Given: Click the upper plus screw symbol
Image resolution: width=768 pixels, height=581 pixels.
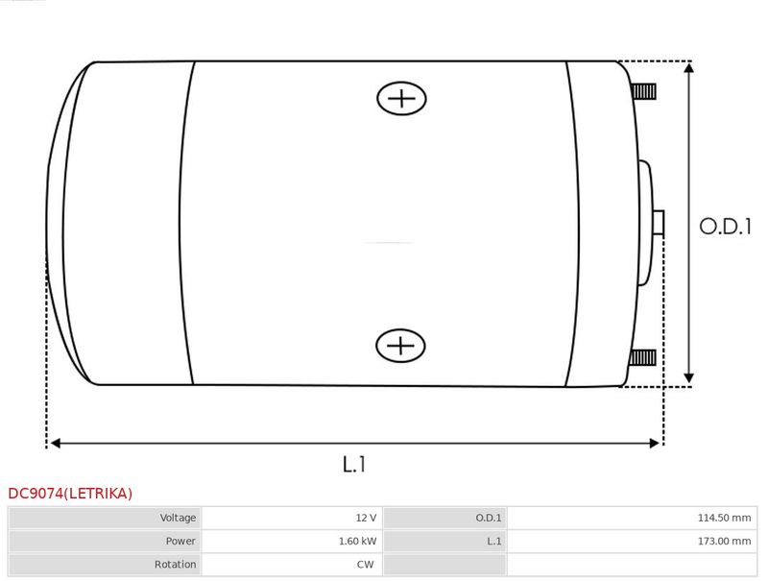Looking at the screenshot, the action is pos(401,99).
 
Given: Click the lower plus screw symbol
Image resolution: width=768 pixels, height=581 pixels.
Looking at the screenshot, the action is pos(400,346).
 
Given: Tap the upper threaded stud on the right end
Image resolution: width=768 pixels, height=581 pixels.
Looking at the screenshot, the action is pos(643,91).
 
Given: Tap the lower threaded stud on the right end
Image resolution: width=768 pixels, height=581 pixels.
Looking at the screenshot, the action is pos(642,357).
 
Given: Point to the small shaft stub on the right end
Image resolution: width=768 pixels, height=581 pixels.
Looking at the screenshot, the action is pos(659,223).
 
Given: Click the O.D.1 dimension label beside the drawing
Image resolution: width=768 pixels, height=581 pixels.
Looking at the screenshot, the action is pos(726,227).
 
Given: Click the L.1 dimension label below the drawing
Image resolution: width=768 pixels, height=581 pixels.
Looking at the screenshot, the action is pos(354,464).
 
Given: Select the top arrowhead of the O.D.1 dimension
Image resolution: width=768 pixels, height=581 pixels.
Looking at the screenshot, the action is pos(689,67).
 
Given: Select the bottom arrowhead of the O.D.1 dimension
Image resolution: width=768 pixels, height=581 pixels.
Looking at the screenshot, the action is pos(689,377).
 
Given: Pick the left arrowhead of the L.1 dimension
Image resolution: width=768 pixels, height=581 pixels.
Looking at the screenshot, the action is pos(56,444).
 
